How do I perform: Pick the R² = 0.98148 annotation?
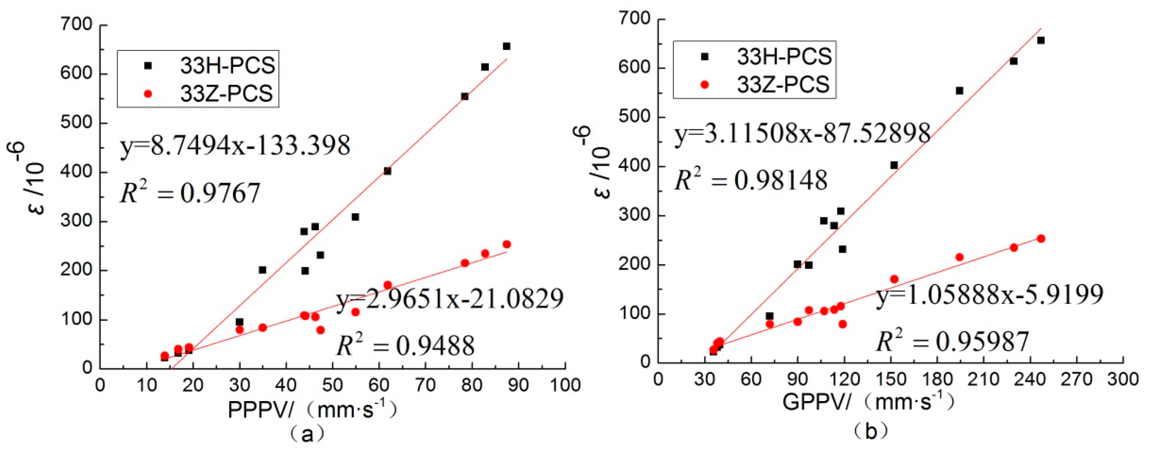tap(751, 180)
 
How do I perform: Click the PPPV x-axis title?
tap(312, 409)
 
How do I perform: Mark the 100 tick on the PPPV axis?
tap(565, 384)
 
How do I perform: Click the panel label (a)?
tap(307, 434)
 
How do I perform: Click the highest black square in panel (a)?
tap(506, 46)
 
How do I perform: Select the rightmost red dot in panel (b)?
tap(1041, 238)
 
